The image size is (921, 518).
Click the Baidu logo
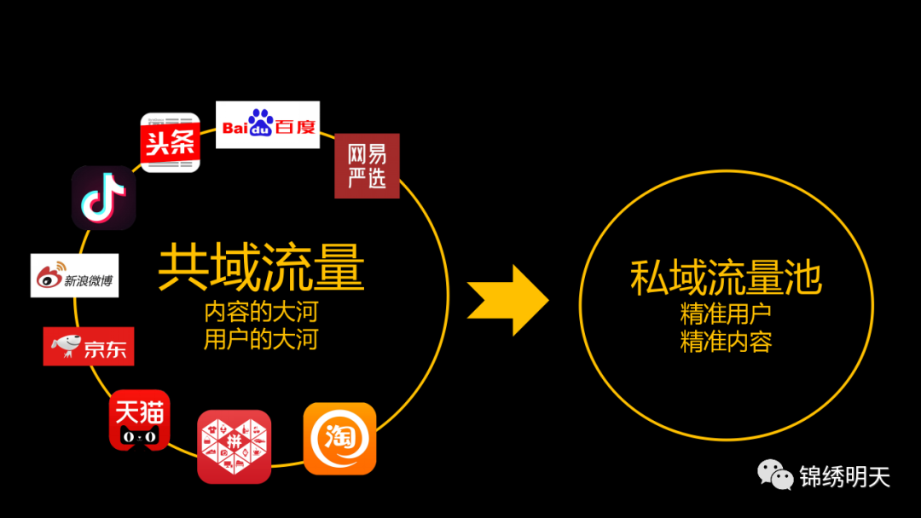tap(268, 125)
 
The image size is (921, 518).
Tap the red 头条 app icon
tap(170, 142)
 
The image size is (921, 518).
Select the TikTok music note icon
tap(103, 198)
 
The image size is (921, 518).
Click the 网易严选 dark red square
tap(367, 165)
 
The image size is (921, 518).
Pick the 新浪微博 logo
tap(74, 275)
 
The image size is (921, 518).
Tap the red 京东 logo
tap(89, 346)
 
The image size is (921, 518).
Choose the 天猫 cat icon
tap(139, 420)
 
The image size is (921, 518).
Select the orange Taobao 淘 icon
tap(339, 438)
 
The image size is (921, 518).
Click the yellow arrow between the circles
tap(508, 300)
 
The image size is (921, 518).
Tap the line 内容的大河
tap(261, 311)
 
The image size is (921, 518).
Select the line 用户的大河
tap(261, 340)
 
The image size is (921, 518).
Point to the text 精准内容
tap(726, 342)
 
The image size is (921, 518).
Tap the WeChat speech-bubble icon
tap(776, 475)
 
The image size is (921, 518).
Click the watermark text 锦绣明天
tap(844, 476)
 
